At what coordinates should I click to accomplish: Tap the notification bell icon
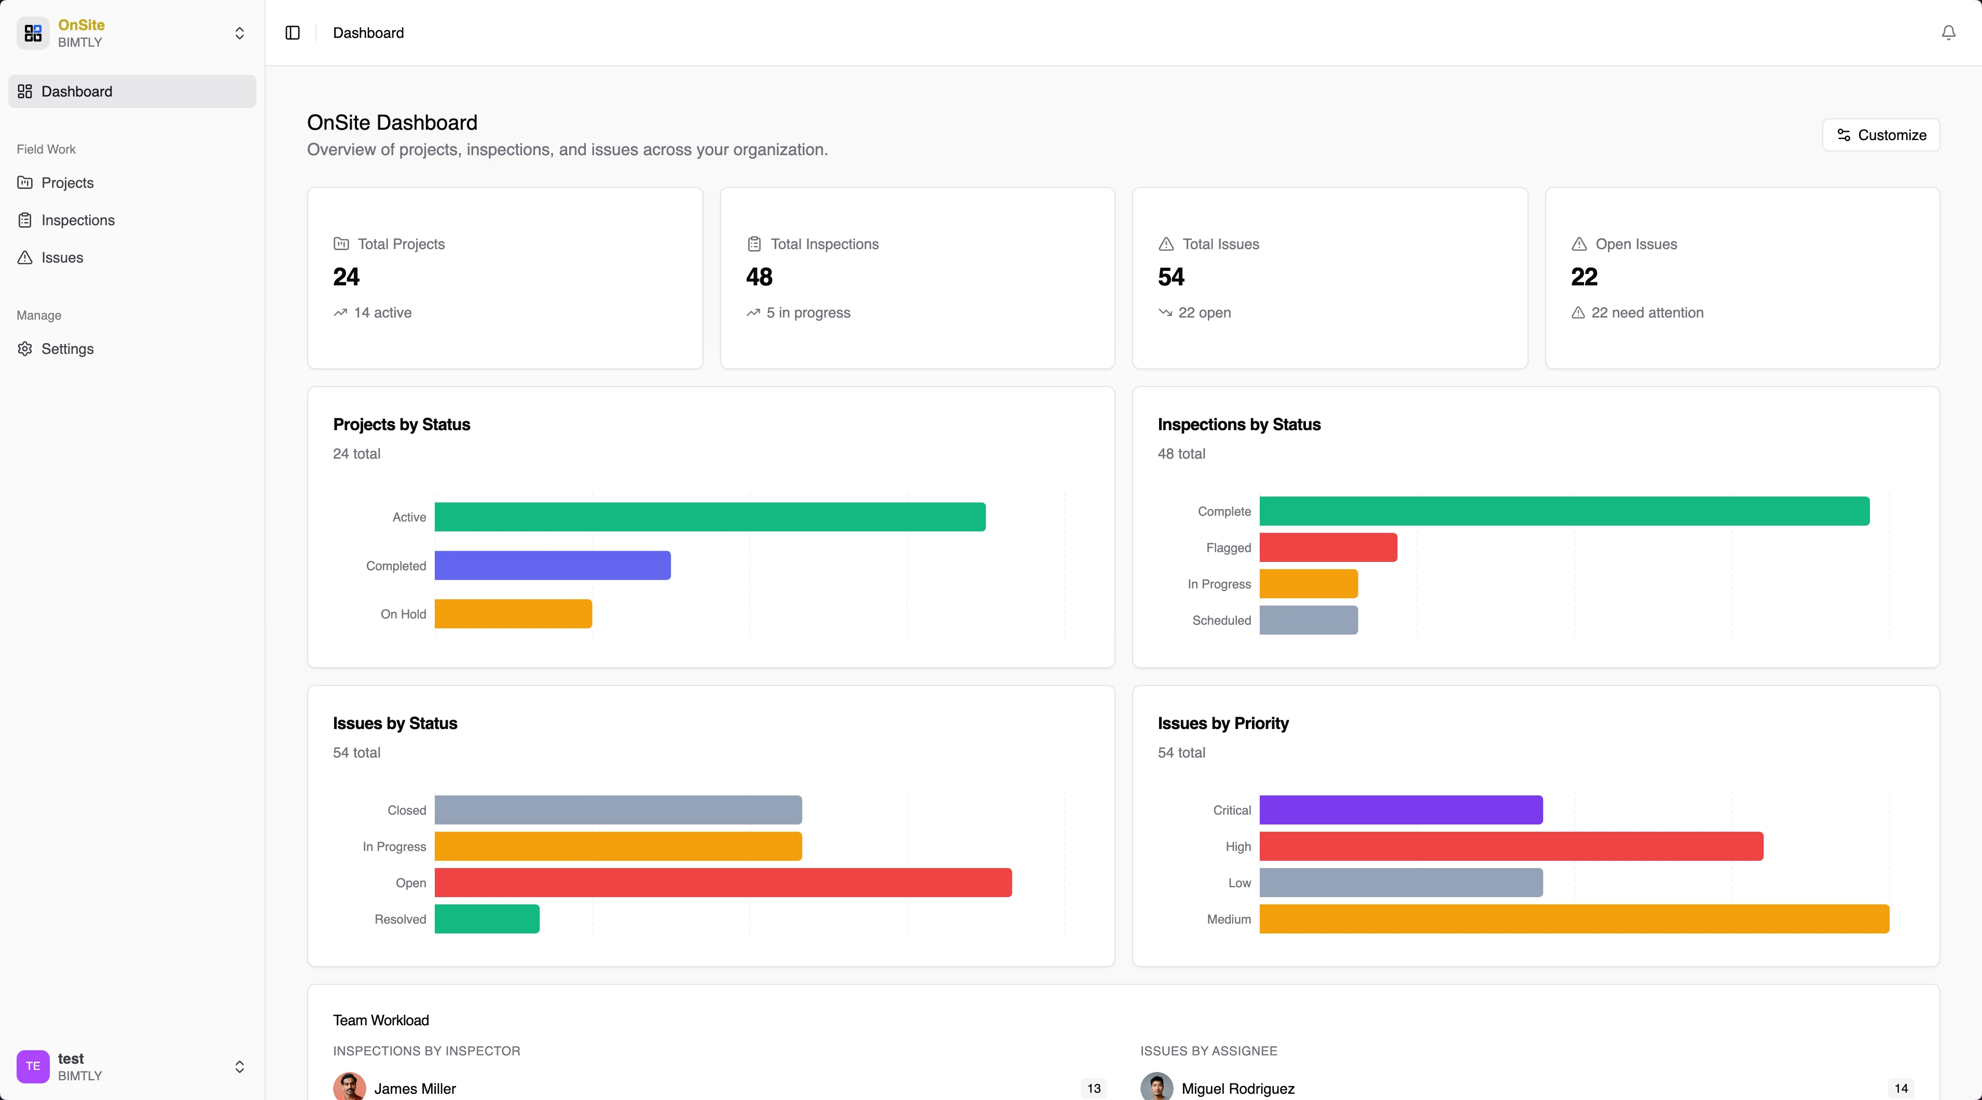1948,32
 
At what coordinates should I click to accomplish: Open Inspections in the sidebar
78,220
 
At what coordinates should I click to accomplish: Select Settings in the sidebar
67,349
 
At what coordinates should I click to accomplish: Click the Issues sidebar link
62,258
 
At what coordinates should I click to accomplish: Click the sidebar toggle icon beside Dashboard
293,32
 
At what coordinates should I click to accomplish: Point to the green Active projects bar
709,517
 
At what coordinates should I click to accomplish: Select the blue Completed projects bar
553,566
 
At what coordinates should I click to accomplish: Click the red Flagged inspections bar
1328,548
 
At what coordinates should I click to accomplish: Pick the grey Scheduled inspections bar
1308,620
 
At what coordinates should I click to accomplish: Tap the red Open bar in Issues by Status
722,882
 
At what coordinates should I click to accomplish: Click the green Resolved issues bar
486,919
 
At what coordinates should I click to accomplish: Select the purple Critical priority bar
1400,810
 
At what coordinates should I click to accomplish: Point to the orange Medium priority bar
1574,919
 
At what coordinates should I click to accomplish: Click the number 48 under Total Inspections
759,277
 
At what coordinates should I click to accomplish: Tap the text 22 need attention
1646,312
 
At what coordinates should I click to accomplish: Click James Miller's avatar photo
349,1087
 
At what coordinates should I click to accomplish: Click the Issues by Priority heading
1222,723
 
